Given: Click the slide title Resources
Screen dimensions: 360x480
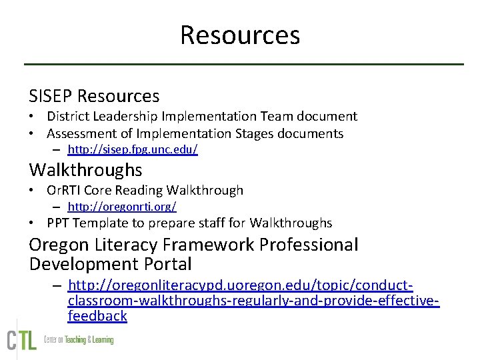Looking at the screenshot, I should coord(240,35).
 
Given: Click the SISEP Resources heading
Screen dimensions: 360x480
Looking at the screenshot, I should coord(94,97).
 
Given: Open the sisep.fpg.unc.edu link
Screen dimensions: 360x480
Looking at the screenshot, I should coord(133,150).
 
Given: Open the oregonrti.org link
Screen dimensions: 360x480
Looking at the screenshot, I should coord(122,207).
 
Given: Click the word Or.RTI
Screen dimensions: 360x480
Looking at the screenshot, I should coord(65,191).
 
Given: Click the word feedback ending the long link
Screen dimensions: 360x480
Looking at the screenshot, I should coord(97,316).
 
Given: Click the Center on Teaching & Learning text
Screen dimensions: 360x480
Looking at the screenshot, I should coord(78,340).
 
